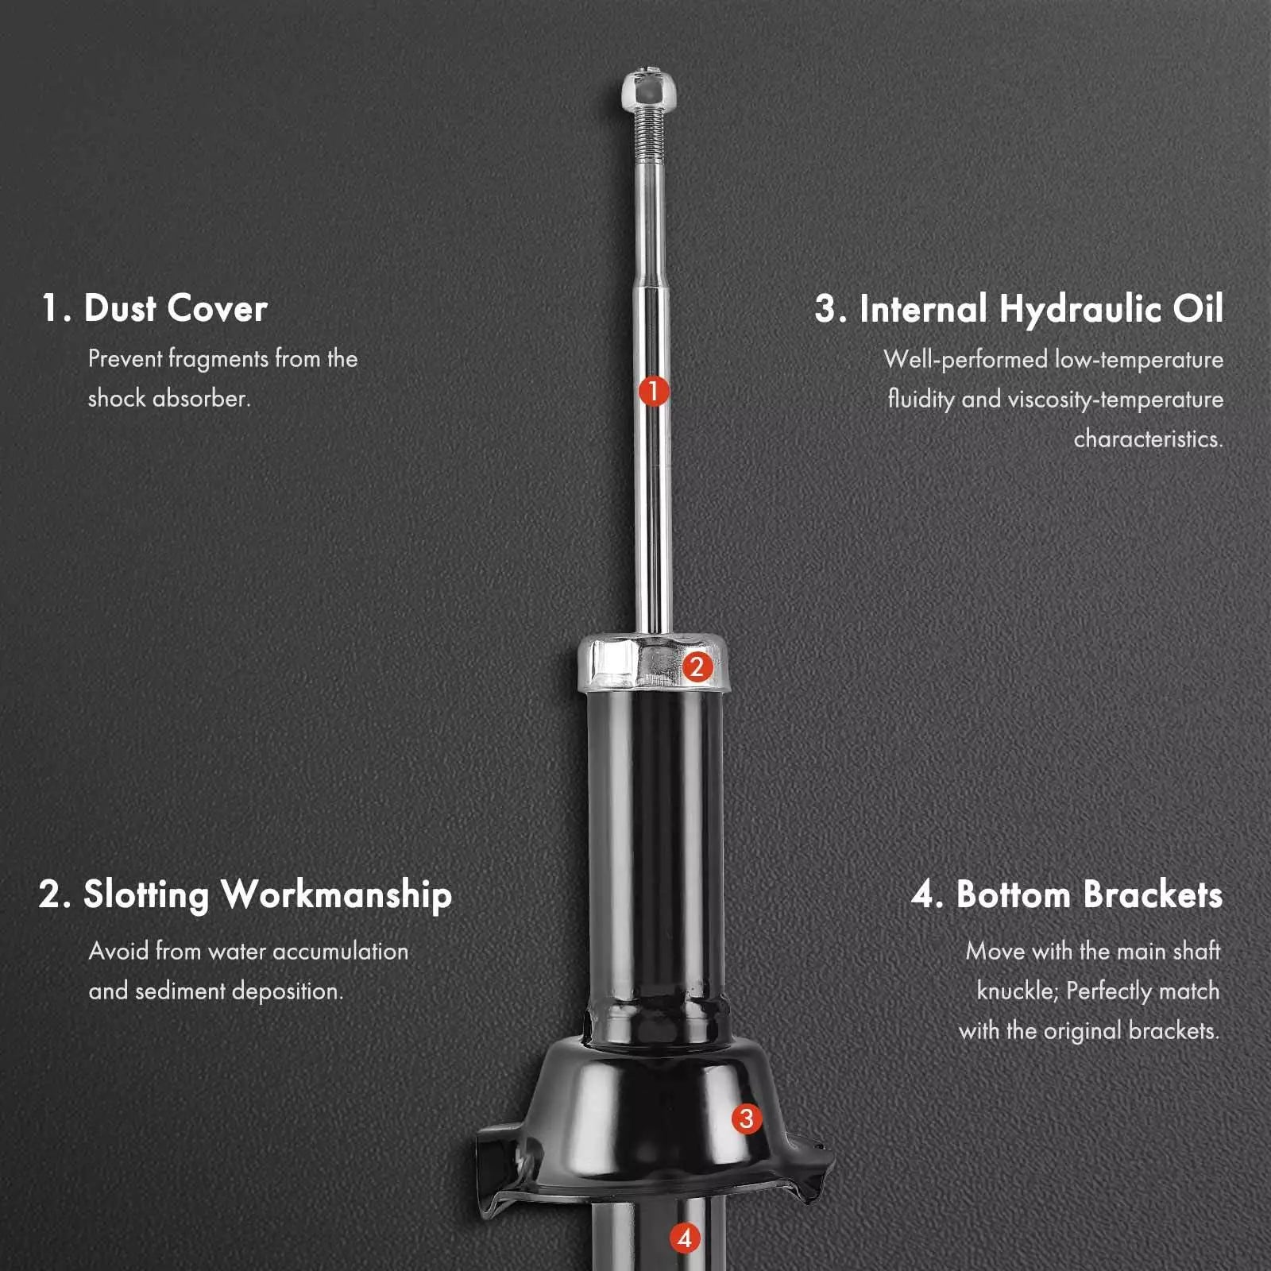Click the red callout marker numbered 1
click(x=654, y=391)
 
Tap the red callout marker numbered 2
click(x=697, y=666)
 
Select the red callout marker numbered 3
click(x=746, y=1118)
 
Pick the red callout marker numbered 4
click(x=685, y=1238)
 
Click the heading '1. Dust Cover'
click(x=155, y=308)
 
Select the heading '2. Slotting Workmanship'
click(x=245, y=895)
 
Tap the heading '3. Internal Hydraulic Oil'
click(x=1019, y=309)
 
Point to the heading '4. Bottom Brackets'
click(x=1067, y=894)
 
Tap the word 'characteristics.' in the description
click(x=1149, y=438)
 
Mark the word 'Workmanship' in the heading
click(x=337, y=895)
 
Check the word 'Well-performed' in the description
click(x=965, y=360)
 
